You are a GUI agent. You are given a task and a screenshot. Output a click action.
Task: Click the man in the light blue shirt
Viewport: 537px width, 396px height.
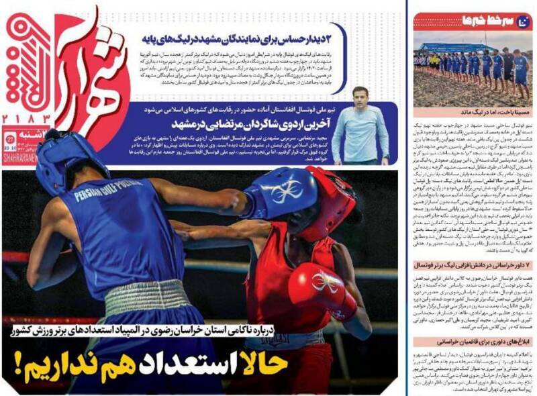coord(359,131)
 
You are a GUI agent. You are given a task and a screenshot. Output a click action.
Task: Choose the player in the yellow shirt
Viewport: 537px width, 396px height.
coord(434,63)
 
